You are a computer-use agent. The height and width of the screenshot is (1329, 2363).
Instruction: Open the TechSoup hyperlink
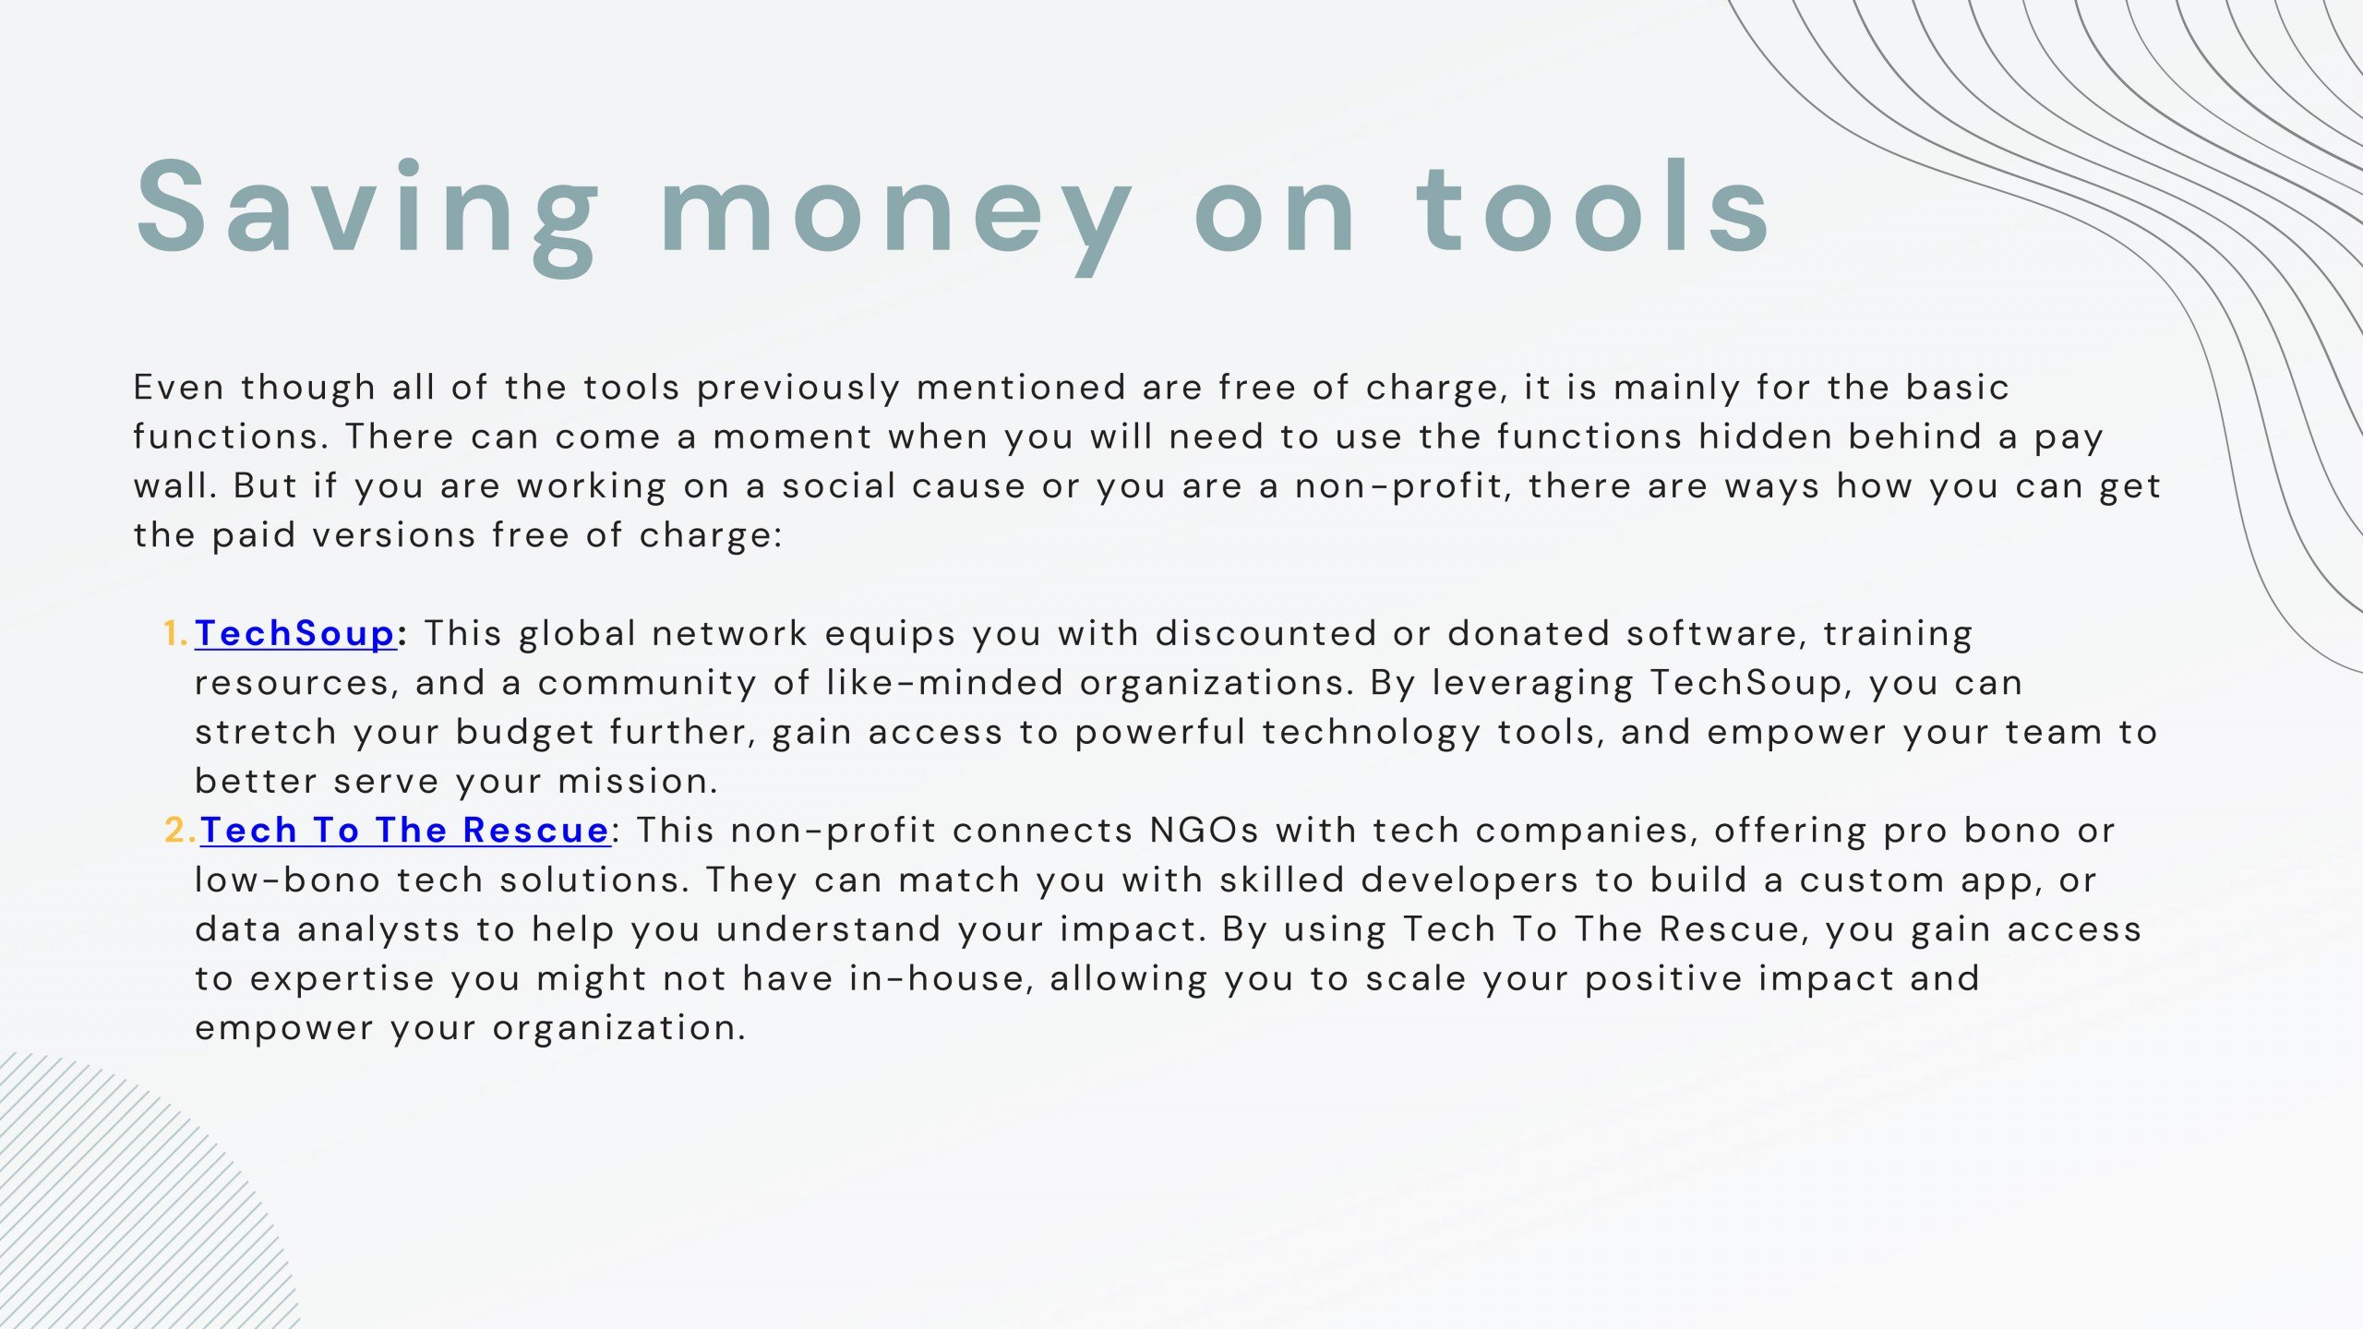pyautogui.click(x=295, y=634)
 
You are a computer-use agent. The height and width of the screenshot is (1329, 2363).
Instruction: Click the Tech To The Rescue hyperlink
pyautogui.click(x=405, y=831)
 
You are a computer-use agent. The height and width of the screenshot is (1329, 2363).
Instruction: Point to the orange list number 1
pyautogui.click(x=175, y=634)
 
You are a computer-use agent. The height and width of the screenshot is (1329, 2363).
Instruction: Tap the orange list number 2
pyautogui.click(x=180, y=831)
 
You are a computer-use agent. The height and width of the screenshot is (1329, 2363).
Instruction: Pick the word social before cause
pyautogui.click(x=839, y=486)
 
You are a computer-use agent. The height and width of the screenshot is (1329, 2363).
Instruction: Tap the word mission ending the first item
pyautogui.click(x=637, y=782)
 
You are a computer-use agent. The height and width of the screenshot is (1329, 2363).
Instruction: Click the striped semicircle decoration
pyautogui.click(x=120, y=1200)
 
